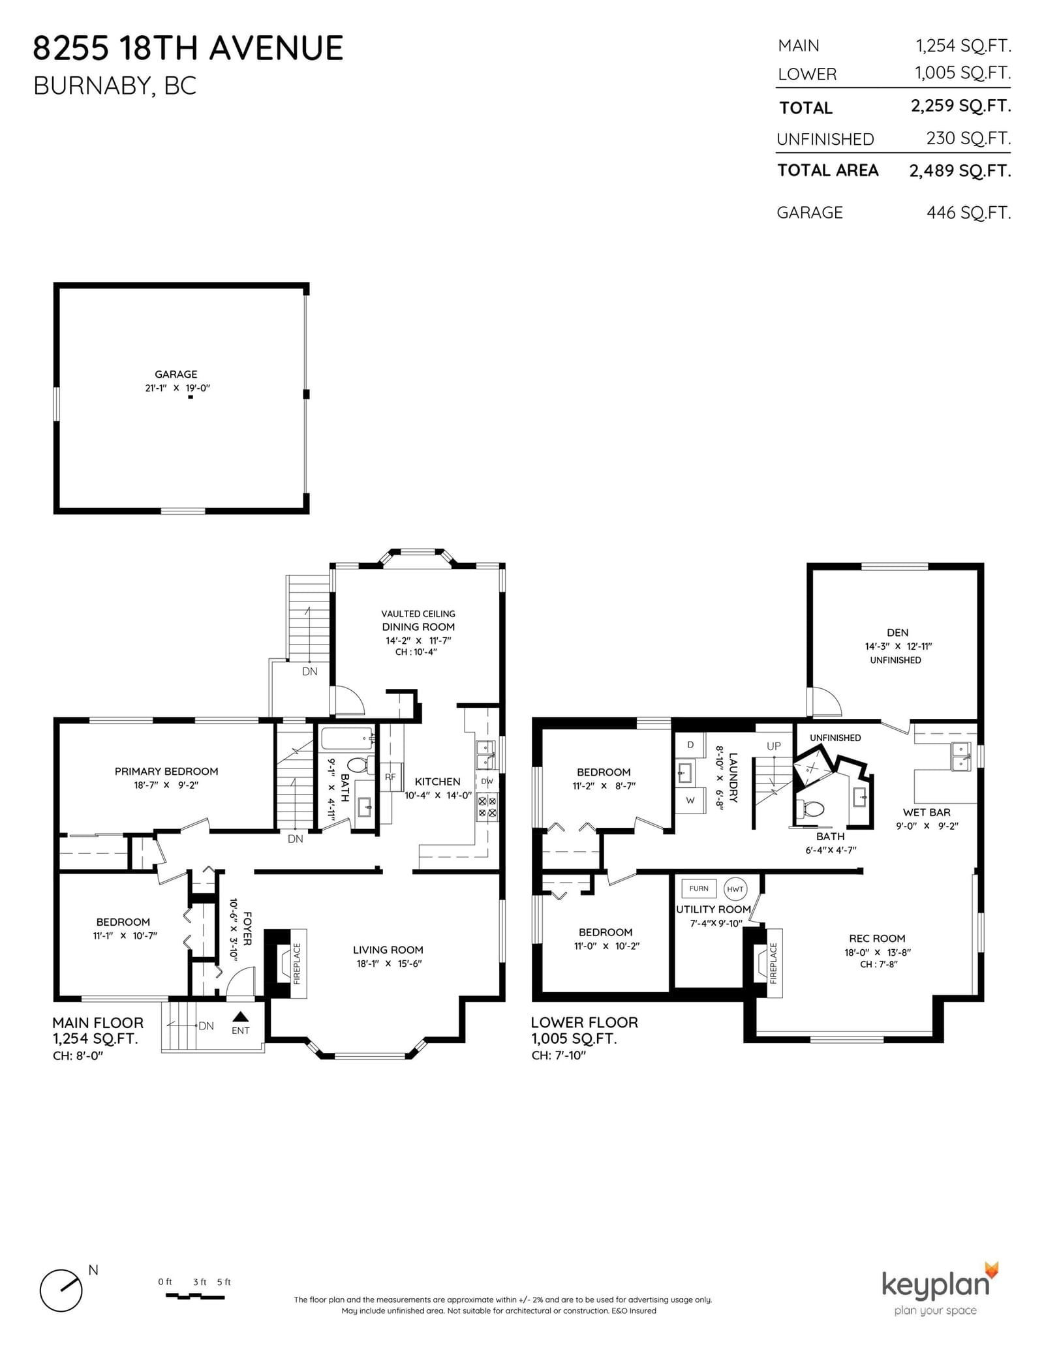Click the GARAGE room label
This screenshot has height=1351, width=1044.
point(176,374)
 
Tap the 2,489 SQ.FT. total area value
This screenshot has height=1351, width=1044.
point(960,171)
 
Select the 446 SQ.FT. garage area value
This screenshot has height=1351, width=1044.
point(968,213)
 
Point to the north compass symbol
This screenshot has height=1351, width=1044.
point(61,1290)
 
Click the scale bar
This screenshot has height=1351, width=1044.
point(194,1297)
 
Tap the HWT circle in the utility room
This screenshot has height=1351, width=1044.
point(735,889)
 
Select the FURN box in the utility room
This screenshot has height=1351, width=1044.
point(699,888)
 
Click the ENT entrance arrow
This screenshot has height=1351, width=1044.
point(241,1016)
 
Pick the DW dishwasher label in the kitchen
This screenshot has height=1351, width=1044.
point(487,781)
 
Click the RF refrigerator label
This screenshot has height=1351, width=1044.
point(390,777)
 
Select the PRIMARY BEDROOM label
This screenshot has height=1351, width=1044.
point(166,771)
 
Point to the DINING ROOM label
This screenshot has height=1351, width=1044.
point(418,627)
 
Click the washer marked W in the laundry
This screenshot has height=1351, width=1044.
point(690,800)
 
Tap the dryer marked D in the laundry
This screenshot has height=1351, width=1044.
point(690,745)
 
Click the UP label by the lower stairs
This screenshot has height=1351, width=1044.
point(774,746)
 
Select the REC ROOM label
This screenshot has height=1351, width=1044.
point(877,938)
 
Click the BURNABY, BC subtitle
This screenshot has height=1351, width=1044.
point(115,86)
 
